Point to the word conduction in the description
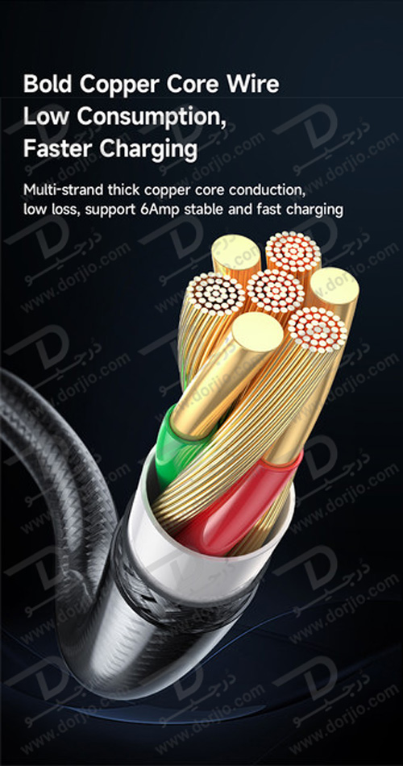tap(268, 189)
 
